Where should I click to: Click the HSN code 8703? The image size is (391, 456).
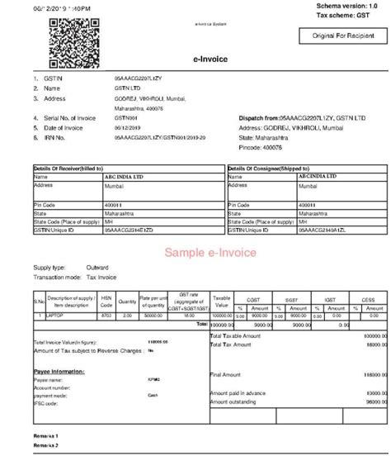point(106,315)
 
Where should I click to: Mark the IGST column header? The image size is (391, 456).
point(330,299)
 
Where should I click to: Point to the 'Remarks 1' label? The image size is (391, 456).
point(46,435)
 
